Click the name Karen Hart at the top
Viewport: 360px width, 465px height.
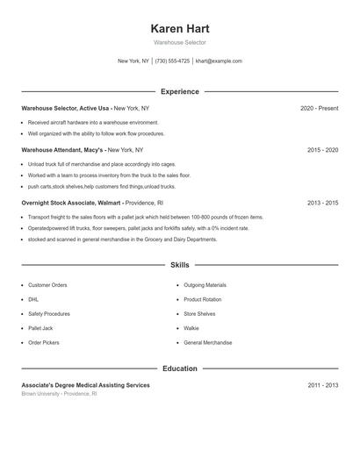click(x=179, y=28)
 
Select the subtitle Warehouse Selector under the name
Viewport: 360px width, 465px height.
click(x=179, y=42)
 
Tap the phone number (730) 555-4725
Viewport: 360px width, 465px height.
click(x=172, y=61)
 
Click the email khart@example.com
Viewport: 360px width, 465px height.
click(x=219, y=61)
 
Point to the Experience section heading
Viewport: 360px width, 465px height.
click(x=179, y=91)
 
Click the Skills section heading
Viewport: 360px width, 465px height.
click(x=179, y=264)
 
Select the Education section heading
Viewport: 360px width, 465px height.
click(x=179, y=368)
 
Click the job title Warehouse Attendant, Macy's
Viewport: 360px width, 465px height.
click(x=68, y=150)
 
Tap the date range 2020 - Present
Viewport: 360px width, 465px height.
click(x=319, y=108)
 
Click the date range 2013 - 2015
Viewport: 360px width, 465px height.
click(x=322, y=203)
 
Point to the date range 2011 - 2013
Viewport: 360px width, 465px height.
click(x=322, y=385)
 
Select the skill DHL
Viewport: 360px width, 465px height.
click(x=33, y=299)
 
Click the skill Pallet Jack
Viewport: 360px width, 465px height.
click(x=40, y=328)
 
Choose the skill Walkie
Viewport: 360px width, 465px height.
click(x=191, y=328)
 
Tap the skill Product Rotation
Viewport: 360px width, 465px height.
click(x=203, y=299)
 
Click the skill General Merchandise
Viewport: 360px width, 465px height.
click(x=208, y=342)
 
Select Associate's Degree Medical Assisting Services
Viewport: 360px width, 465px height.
click(x=85, y=385)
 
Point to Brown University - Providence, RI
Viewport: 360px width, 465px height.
click(x=59, y=394)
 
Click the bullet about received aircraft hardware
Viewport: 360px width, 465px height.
click(x=81, y=123)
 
